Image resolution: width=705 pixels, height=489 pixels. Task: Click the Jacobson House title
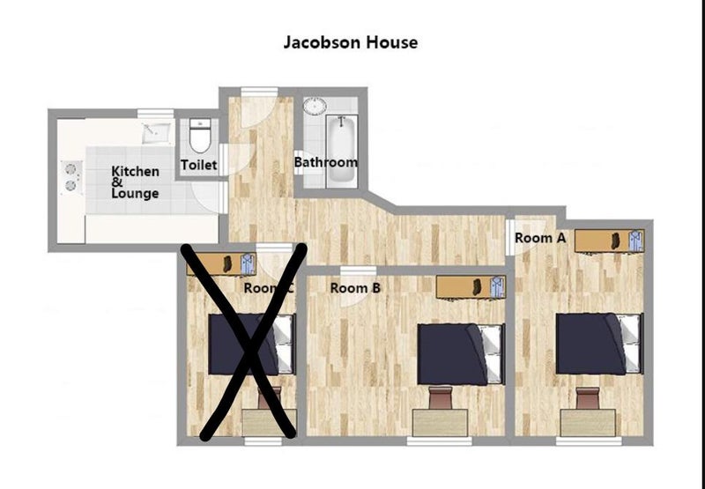[350, 42]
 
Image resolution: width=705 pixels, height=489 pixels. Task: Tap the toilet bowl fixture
[199, 136]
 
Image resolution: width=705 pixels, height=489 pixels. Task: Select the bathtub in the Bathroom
[342, 151]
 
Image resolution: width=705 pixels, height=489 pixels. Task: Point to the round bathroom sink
[315, 106]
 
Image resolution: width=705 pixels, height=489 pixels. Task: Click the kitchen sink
[157, 133]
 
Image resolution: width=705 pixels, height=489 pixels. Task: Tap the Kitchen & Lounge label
[135, 182]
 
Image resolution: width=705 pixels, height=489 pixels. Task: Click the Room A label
[539, 238]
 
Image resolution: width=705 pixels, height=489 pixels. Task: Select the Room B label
[355, 287]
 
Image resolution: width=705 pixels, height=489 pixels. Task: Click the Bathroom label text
[326, 162]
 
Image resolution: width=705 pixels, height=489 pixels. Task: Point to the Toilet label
[199, 165]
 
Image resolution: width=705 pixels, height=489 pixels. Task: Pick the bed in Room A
[599, 344]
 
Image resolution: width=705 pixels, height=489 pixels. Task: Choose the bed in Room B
[460, 354]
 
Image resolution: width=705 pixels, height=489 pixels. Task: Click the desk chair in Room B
[440, 397]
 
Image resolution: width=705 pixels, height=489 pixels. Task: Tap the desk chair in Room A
[588, 397]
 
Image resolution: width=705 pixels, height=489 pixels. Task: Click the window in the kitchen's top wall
[156, 114]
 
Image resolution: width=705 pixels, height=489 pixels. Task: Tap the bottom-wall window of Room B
[440, 441]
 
